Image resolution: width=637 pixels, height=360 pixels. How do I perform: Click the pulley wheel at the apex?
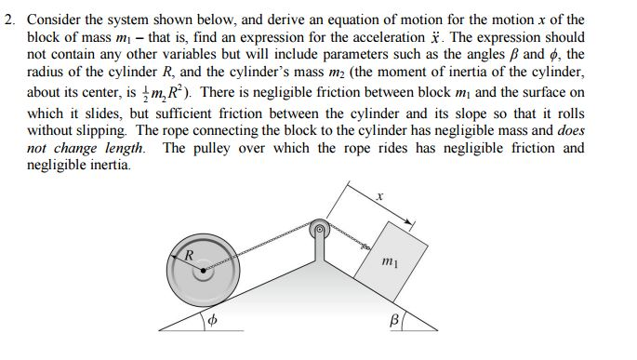320,228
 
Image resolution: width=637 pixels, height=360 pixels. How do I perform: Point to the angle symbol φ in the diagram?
212,320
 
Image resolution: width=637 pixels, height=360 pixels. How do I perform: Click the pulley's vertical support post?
320,246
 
